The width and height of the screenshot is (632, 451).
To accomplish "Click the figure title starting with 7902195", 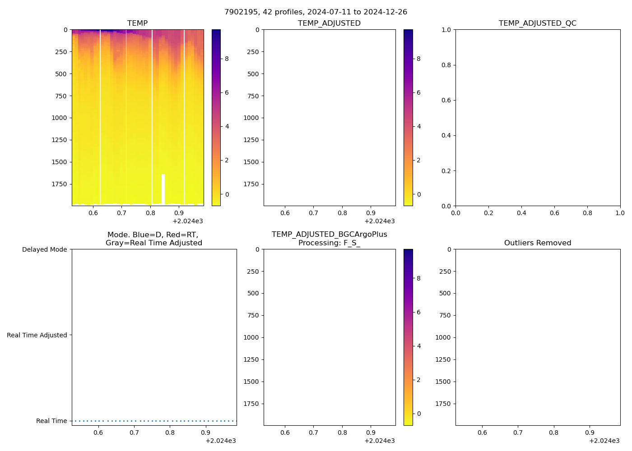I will tap(316, 12).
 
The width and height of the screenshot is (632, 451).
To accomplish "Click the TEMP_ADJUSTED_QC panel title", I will tap(537, 23).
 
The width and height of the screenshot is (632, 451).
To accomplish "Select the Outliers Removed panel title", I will tap(537, 243).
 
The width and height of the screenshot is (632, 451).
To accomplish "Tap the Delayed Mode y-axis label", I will tap(44, 250).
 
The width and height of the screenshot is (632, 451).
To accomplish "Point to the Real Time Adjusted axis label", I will tap(37, 335).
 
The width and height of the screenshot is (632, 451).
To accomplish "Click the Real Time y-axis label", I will tap(51, 421).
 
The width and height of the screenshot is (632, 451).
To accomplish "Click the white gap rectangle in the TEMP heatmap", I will tap(163, 189).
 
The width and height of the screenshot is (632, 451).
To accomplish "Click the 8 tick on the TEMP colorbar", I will tap(227, 59).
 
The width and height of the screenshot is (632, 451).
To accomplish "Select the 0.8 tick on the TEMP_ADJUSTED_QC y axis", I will tap(446, 65).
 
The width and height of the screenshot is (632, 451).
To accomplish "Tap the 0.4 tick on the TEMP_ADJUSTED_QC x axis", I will tap(521, 213).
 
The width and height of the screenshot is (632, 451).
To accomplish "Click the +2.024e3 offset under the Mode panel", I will tap(220, 441).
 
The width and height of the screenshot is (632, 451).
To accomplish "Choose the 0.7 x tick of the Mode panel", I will tap(134, 433).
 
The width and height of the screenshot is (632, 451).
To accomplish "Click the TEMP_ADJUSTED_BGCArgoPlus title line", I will tap(329, 235).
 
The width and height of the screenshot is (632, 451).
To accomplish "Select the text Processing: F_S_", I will tap(329, 243).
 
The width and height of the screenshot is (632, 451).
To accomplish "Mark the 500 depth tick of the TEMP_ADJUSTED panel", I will tap(253, 74).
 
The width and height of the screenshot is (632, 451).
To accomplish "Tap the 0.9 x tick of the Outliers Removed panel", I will tap(590, 433).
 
